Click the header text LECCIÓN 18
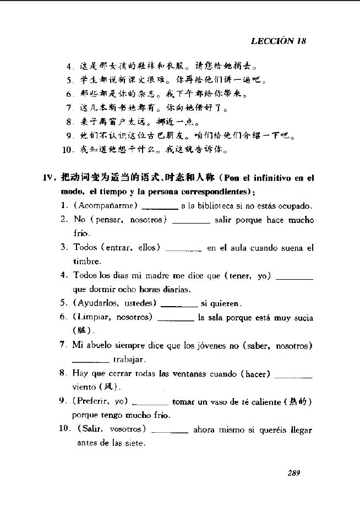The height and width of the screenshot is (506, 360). [278, 41]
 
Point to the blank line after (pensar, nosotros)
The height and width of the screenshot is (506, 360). [191, 221]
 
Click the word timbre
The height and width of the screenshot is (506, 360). [87, 262]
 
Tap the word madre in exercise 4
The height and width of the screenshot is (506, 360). [159, 276]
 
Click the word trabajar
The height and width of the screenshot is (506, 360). [129, 360]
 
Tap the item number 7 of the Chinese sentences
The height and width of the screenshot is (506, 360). [70, 107]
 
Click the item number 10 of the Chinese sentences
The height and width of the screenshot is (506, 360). [68, 149]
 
